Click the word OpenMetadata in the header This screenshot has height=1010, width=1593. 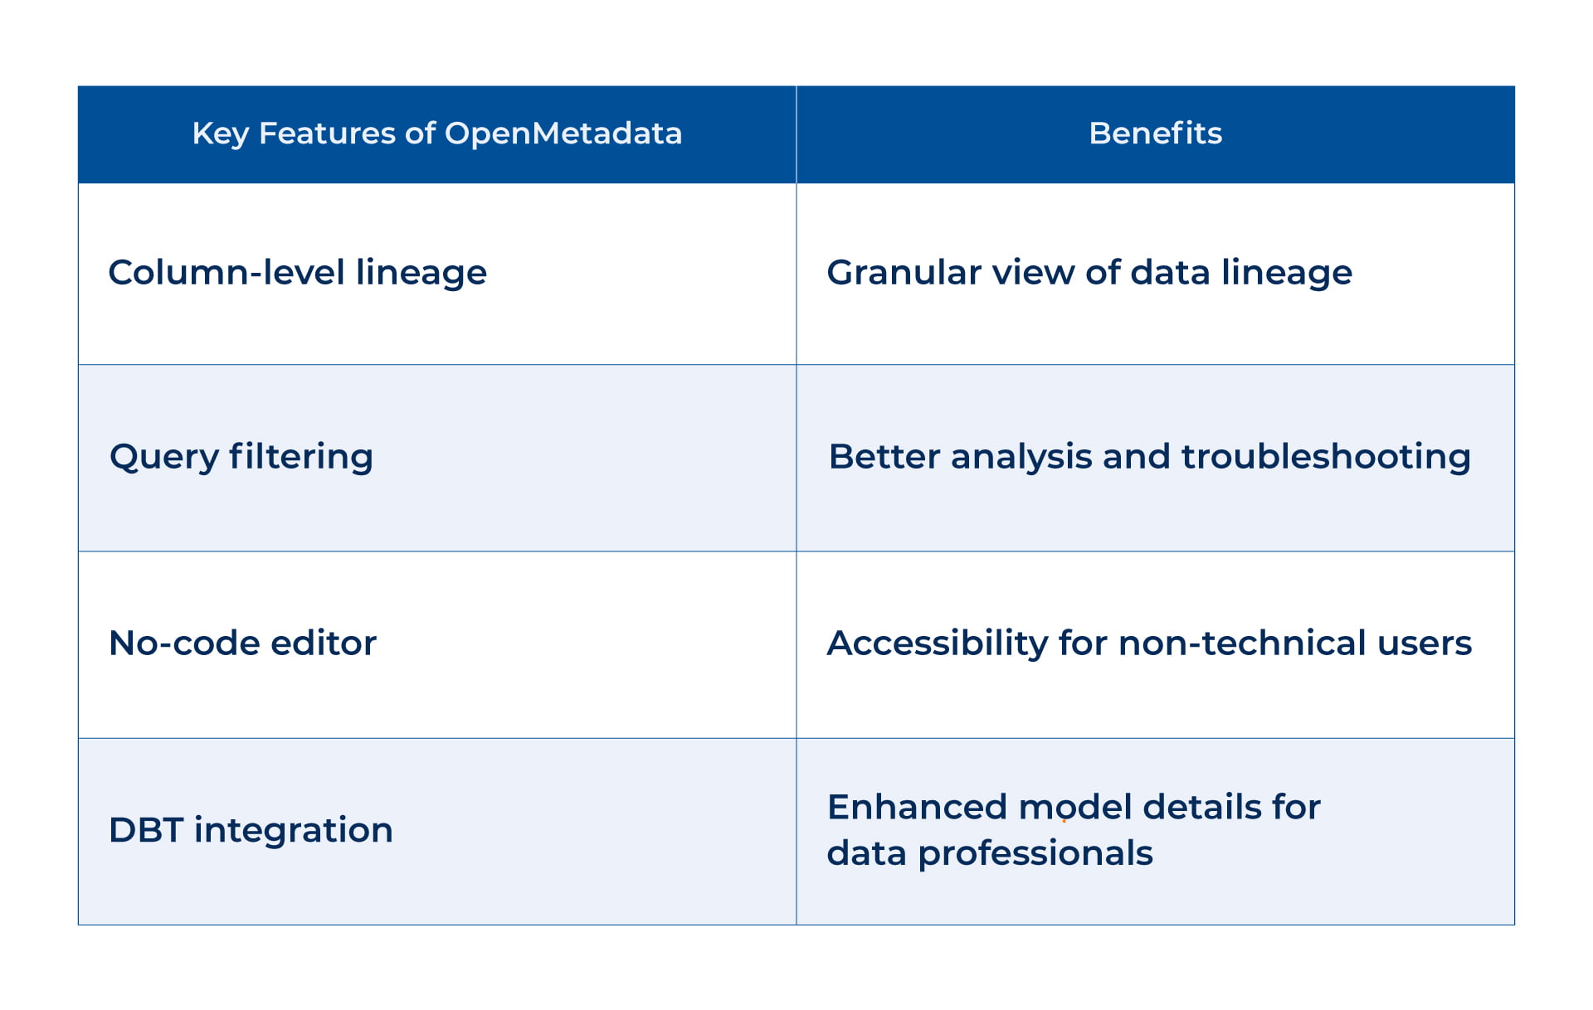(x=563, y=134)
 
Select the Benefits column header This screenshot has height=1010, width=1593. (x=1155, y=134)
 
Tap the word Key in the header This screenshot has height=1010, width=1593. (x=220, y=134)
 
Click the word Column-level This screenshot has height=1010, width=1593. (x=226, y=273)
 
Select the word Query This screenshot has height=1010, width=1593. (x=164, y=458)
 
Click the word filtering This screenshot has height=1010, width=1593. (x=300, y=457)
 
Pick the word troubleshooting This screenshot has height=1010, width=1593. (x=1325, y=457)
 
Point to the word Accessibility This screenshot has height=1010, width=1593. (x=938, y=644)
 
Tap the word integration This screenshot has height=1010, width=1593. (x=293, y=830)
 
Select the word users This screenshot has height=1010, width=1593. (x=1425, y=643)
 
